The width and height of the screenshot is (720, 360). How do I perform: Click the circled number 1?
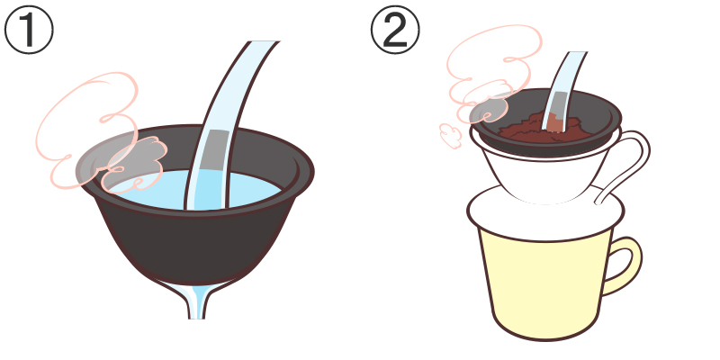(x=29, y=30)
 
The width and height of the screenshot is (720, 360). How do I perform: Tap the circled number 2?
(x=395, y=30)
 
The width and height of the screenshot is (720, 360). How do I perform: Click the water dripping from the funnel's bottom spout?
(x=196, y=301)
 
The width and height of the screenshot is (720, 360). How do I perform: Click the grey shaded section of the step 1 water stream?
(x=215, y=150)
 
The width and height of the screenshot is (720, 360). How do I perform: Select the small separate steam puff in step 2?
(x=451, y=135)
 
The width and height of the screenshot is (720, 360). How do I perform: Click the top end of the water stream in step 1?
(x=265, y=42)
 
